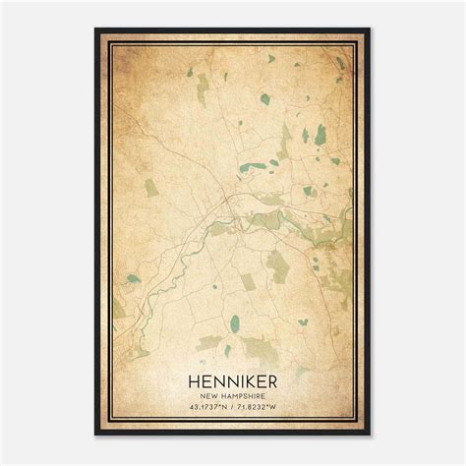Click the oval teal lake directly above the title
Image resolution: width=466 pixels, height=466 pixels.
(234, 321)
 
